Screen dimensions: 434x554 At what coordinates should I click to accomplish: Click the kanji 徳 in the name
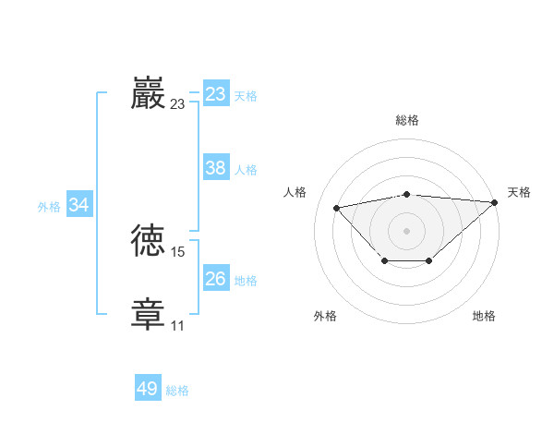pos(149,241)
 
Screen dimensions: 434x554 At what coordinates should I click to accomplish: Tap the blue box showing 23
pos(216,94)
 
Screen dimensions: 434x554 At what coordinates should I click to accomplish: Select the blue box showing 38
pos(216,168)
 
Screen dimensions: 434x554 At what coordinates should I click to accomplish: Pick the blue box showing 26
pos(216,279)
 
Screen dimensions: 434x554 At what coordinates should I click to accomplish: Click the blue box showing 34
pos(78,205)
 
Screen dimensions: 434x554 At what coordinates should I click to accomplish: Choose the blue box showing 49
pos(148,389)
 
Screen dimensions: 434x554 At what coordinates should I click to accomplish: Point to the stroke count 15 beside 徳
pos(178,252)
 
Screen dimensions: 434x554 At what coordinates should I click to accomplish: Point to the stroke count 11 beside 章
pos(177,325)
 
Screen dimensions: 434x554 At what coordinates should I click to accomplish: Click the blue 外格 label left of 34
pos(49,207)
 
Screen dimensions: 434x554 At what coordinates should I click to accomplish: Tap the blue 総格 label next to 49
pos(177,391)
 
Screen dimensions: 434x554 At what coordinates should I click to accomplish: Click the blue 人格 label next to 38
pos(246,170)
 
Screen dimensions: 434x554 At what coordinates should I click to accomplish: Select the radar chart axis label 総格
pos(407,120)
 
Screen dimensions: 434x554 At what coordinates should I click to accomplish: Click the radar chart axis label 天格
pos(519,192)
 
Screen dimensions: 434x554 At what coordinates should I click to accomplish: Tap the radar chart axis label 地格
pos(484,316)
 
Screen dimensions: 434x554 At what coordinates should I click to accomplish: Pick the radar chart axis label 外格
pos(325,316)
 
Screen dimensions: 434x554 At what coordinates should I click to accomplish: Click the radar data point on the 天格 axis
pos(495,202)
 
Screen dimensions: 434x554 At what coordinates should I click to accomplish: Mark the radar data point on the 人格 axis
pos(337,208)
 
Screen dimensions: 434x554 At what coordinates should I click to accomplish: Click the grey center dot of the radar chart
pos(406,231)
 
